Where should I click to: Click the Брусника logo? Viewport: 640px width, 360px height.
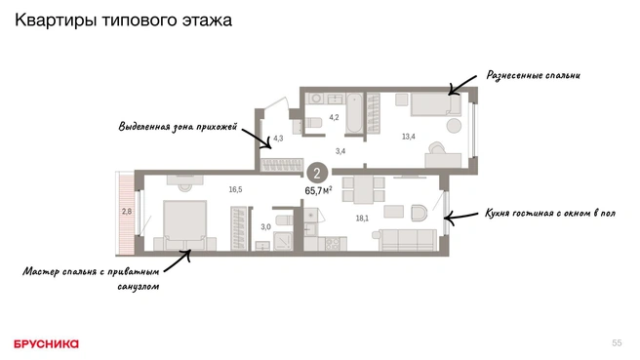click(x=46, y=344)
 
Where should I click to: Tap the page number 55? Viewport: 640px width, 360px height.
click(x=617, y=343)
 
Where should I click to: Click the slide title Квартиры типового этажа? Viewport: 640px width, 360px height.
click(x=123, y=20)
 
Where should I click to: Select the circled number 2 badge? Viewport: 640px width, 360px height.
click(x=317, y=173)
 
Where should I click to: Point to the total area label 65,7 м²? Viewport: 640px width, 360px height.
click(x=318, y=190)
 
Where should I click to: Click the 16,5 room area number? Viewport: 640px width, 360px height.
click(x=235, y=189)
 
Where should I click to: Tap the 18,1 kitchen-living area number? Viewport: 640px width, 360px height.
click(x=362, y=219)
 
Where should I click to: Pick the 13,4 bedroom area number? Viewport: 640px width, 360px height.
click(x=409, y=137)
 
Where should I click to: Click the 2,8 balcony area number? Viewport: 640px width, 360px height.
click(x=127, y=212)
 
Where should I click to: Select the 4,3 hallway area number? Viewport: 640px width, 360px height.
click(x=278, y=139)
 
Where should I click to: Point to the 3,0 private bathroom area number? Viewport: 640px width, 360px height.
click(x=265, y=227)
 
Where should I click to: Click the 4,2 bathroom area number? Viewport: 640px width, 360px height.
click(x=334, y=117)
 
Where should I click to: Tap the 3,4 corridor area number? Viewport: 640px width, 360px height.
click(x=340, y=151)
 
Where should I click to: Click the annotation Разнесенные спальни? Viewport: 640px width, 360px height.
click(x=533, y=75)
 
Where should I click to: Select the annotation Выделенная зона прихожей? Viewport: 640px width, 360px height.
click(x=178, y=127)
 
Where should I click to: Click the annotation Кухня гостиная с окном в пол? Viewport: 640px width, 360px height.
click(x=550, y=213)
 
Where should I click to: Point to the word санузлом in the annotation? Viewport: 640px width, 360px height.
click(x=139, y=287)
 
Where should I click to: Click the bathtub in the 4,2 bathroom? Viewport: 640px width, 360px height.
click(x=354, y=113)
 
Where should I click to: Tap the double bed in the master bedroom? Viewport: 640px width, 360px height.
click(x=185, y=225)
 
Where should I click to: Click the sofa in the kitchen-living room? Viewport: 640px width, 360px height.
click(x=408, y=240)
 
